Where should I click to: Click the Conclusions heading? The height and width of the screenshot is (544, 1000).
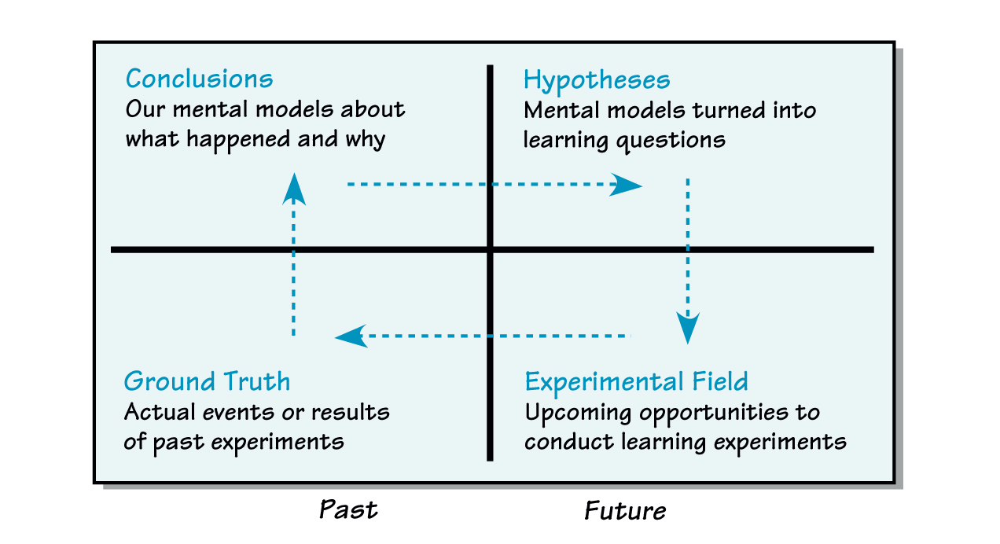199,79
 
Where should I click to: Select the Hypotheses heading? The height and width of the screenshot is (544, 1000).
597,80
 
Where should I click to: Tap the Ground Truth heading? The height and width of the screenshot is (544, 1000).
207,382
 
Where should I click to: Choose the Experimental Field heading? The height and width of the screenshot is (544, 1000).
636,382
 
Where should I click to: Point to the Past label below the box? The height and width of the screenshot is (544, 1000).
348,509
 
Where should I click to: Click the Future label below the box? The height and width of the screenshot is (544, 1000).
625,511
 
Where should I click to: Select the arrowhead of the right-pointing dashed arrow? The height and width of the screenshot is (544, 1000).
628,186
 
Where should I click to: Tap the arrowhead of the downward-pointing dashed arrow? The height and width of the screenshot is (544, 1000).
689,328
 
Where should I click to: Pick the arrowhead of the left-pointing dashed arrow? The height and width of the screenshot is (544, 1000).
350,336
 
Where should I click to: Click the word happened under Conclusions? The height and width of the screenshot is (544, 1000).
229,140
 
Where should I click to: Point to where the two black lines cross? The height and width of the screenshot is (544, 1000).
491,250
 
